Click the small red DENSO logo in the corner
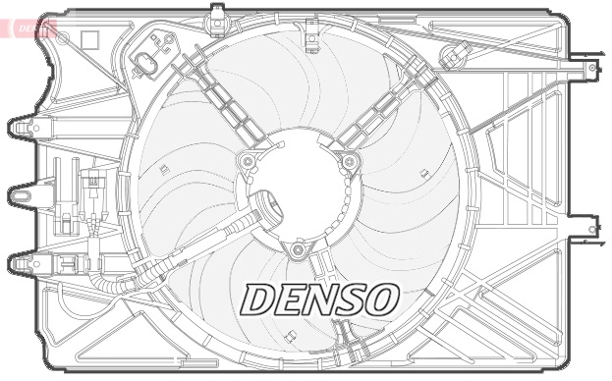pyautogui.click(x=32, y=28)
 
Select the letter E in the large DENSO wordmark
pyautogui.click(x=293, y=299)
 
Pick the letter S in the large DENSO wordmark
pyautogui.click(x=352, y=299)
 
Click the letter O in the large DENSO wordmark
pyautogui.click(x=382, y=299)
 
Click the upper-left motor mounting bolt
pyautogui.click(x=248, y=161)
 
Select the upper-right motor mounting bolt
pyautogui.click(x=348, y=162)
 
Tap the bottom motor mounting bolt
pyautogui.click(x=298, y=249)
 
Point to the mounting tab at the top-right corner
pyautogui.click(x=590, y=70)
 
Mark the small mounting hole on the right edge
pyautogui.click(x=591, y=229)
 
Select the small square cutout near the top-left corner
pyautogui.click(x=89, y=39)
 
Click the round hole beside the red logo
pyautogui.click(x=63, y=37)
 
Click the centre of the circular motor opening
pyautogui.click(x=298, y=191)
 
